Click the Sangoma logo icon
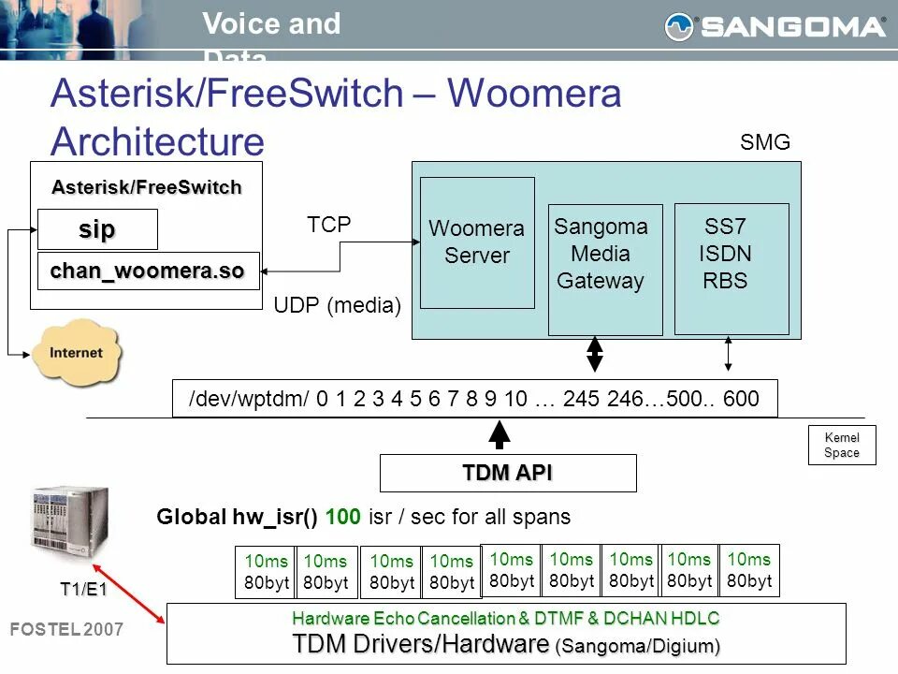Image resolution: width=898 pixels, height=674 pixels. point(680,27)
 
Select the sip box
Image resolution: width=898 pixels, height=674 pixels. point(97,229)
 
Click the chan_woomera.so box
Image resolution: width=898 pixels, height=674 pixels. point(148,271)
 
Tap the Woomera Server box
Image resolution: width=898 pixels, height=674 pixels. point(477,242)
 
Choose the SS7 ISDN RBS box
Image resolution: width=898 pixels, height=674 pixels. point(731,269)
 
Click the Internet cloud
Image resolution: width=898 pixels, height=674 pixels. point(76,353)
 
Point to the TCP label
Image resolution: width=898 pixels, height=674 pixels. point(329,225)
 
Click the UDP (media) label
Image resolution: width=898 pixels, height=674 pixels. point(338,305)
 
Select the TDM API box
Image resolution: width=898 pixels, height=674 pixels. point(508,473)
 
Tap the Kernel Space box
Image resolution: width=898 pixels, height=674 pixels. point(841,446)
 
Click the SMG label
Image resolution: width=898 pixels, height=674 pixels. point(765,143)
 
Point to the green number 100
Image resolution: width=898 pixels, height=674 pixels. point(343,517)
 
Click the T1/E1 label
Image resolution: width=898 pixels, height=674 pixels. point(83,589)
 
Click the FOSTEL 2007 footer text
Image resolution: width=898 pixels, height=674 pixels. point(65,630)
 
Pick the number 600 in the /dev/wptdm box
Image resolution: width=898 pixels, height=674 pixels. point(741,400)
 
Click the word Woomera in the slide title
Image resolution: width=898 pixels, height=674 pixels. point(534,95)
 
